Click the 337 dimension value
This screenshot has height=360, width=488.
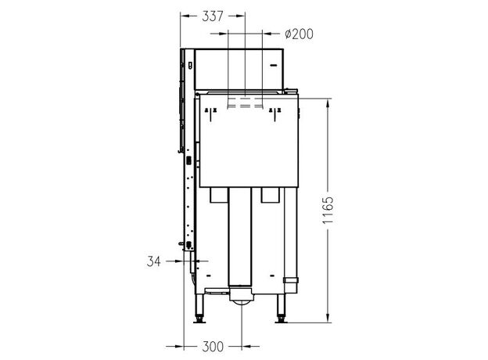click(213, 16)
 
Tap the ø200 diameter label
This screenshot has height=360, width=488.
click(299, 34)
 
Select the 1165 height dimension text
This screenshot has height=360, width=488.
click(328, 210)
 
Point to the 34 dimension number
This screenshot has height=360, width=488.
click(154, 261)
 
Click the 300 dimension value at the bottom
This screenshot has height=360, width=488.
click(213, 346)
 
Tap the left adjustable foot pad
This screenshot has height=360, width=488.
click(199, 321)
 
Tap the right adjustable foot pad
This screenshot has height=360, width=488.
click(281, 321)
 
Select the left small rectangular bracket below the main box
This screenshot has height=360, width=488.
click(218, 195)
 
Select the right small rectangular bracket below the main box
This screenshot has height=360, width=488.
click(270, 195)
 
